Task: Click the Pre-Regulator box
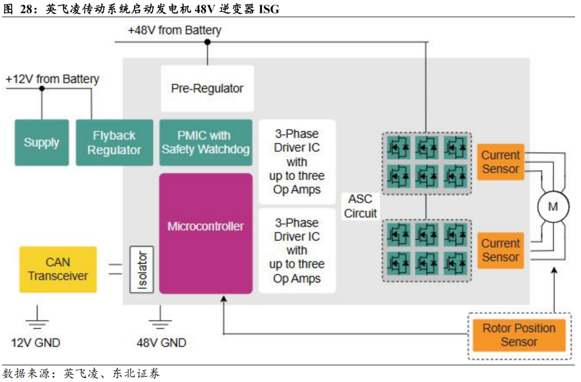pos(207,88)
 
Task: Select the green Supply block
pos(41,143)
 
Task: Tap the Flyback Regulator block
pos(114,143)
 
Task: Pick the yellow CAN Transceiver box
pos(58,269)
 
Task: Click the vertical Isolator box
pos(142,269)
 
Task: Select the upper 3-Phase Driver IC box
pos(296,161)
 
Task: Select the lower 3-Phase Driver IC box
pos(296,251)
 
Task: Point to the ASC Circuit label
pos(360,206)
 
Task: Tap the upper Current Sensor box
pos(500,162)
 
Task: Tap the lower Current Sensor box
pos(500,250)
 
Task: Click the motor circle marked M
pos(553,207)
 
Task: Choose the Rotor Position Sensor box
pos(519,335)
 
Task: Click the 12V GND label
pos(36,343)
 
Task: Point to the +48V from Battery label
pos(174,30)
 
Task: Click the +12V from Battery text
pos(52,79)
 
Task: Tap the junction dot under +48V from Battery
pos(207,41)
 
